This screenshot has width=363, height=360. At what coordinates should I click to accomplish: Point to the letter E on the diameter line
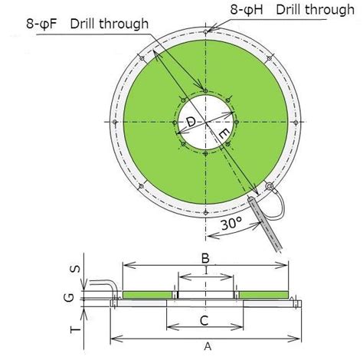coord(223,135)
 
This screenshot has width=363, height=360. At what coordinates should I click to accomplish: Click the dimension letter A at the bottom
coord(206,347)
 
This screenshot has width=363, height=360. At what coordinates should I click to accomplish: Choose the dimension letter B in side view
coord(206,257)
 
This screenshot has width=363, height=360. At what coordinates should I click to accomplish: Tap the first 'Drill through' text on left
coord(110,25)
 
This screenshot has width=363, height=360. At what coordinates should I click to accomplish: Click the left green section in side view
coord(148,295)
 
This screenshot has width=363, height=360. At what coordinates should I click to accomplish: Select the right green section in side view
coord(263,295)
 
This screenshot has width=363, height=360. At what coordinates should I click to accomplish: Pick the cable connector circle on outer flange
coord(267,187)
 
